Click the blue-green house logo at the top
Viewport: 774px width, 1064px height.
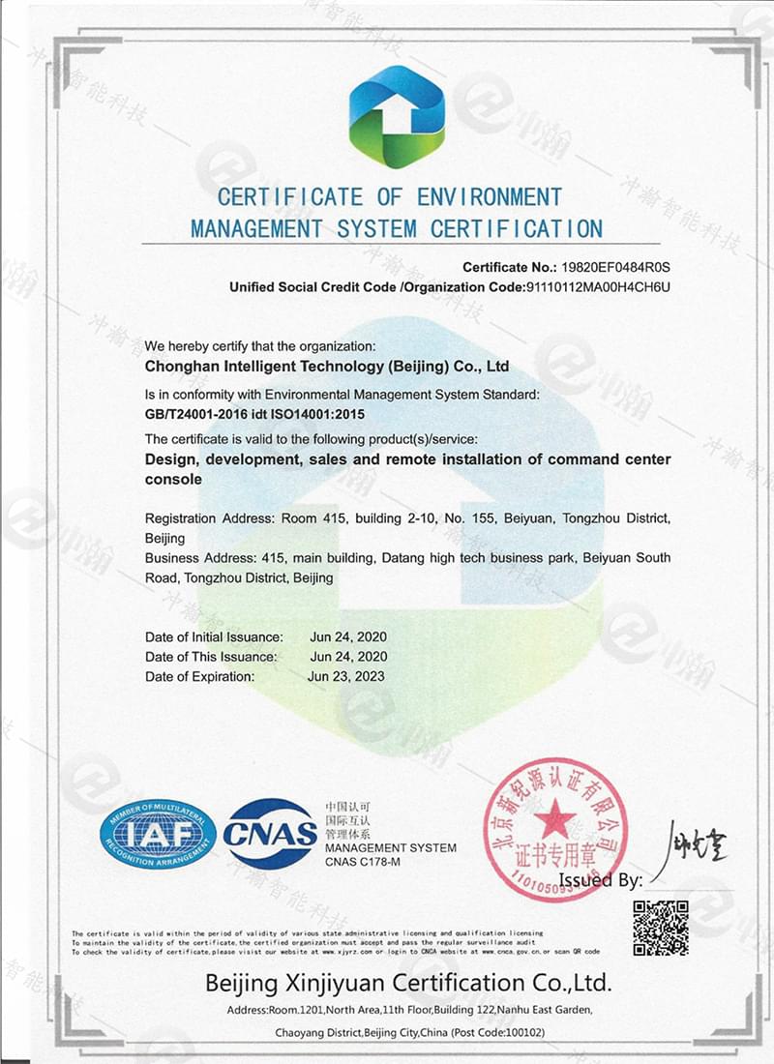click(397, 116)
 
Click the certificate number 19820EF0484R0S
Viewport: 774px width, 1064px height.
click(615, 266)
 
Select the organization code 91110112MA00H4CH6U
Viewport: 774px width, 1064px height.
click(597, 287)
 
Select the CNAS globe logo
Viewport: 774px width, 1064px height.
click(270, 834)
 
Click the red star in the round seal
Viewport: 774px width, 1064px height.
click(554, 821)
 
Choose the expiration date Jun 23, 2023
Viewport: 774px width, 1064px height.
click(345, 677)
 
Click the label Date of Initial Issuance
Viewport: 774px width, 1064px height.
click(214, 637)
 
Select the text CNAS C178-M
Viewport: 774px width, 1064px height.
click(362, 862)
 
